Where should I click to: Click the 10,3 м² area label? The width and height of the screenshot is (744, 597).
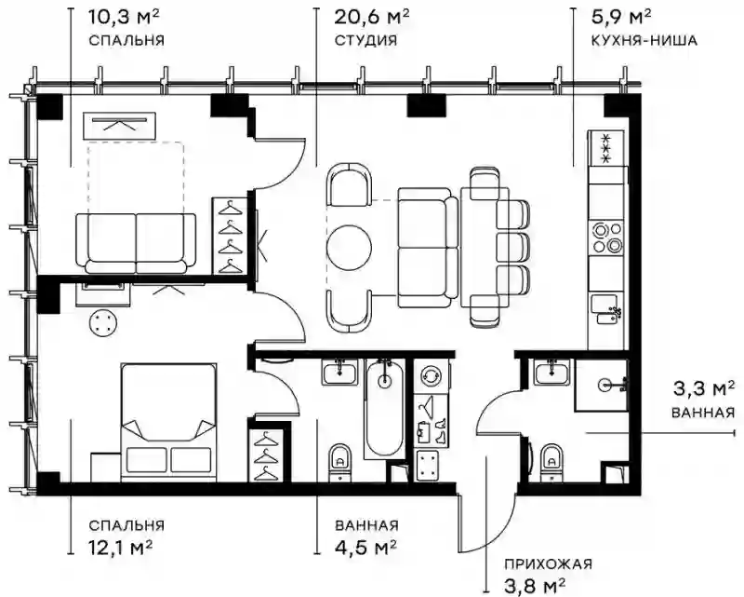pyautogui.click(x=124, y=18)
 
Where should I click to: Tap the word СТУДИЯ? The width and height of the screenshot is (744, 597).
pyautogui.click(x=365, y=40)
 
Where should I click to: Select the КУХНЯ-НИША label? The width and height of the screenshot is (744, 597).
pyautogui.click(x=644, y=40)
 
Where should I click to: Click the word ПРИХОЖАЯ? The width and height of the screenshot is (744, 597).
pyautogui.click(x=548, y=564)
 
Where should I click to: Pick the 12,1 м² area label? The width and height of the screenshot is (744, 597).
pyautogui.click(x=121, y=547)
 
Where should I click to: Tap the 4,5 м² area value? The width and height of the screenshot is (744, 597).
pyautogui.click(x=365, y=547)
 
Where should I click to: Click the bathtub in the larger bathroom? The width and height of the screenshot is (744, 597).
pyautogui.click(x=384, y=409)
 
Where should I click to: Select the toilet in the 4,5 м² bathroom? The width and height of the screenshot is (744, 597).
pyautogui.click(x=339, y=462)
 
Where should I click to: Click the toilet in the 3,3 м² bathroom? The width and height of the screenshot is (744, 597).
pyautogui.click(x=551, y=462)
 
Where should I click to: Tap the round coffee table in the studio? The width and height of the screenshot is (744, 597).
pyautogui.click(x=349, y=248)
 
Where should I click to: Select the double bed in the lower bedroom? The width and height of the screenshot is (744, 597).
pyautogui.click(x=168, y=423)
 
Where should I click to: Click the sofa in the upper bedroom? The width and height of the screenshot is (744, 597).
pyautogui.click(x=136, y=243)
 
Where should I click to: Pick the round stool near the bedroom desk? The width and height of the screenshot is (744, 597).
pyautogui.click(x=102, y=323)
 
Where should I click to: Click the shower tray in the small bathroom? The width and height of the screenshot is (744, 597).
pyautogui.click(x=602, y=385)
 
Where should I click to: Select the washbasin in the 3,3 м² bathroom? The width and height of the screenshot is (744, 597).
pyautogui.click(x=552, y=372)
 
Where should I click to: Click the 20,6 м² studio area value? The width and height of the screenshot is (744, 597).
pyautogui.click(x=371, y=18)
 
